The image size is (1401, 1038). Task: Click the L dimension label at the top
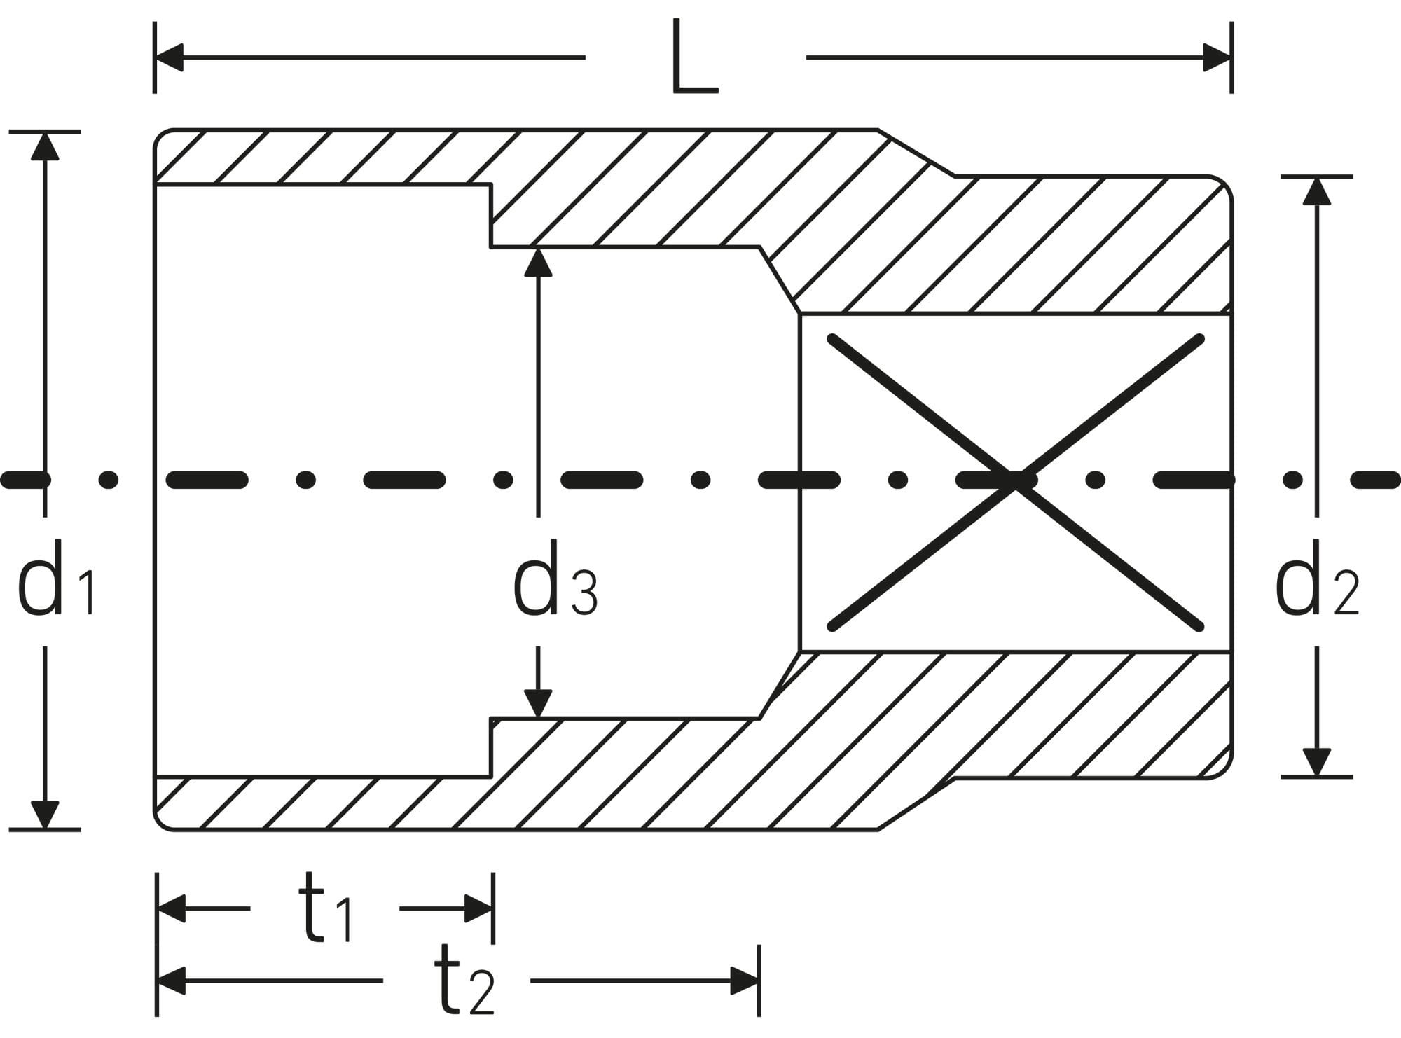click(694, 57)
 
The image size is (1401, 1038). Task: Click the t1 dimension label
click(326, 909)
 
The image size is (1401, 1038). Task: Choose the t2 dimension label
click(464, 981)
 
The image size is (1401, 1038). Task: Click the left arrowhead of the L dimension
click(170, 57)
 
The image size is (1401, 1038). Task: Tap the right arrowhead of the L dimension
click(1217, 57)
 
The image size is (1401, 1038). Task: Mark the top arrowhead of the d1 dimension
click(45, 146)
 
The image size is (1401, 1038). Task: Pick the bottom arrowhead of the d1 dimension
click(45, 815)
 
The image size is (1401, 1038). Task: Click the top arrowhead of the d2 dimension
click(1317, 191)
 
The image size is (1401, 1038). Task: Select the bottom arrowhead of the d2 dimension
click(1317, 762)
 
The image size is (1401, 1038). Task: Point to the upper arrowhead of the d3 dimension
click(538, 262)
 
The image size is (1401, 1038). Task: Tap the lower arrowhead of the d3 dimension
click(538, 704)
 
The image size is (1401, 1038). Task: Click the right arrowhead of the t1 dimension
click(479, 909)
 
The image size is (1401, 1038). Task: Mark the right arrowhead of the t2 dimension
click(745, 981)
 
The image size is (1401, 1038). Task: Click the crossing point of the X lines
click(1016, 480)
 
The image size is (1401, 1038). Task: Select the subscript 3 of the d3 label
click(584, 593)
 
